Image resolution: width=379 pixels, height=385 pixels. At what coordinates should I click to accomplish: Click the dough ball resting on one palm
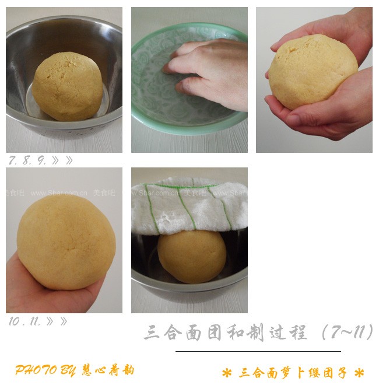(66, 242)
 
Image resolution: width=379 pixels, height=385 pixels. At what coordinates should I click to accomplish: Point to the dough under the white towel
(192, 256)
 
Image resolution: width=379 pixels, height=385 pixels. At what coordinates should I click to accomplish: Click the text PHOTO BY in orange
(44, 370)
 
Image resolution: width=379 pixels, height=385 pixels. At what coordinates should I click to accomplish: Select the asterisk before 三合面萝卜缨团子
(227, 373)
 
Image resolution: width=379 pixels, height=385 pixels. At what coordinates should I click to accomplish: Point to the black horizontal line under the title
(258, 351)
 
